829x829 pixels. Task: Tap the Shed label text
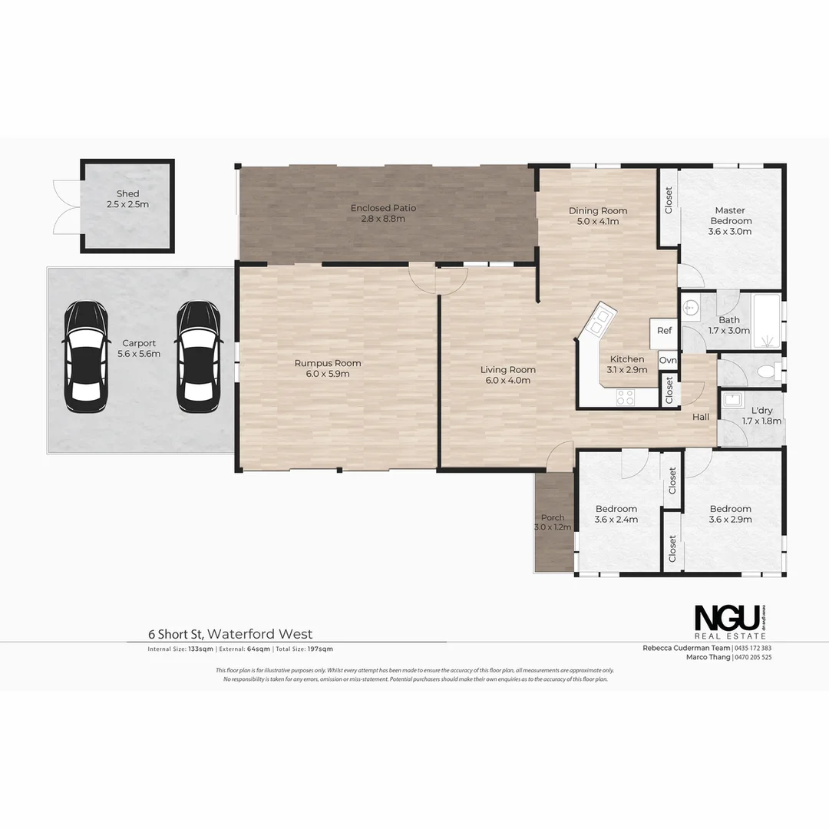pyautogui.click(x=128, y=193)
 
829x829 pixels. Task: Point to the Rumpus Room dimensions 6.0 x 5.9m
pyautogui.click(x=328, y=375)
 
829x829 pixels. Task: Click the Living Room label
pyautogui.click(x=508, y=370)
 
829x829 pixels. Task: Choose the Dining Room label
pyautogui.click(x=598, y=211)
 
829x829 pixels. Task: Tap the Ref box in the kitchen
pyautogui.click(x=664, y=331)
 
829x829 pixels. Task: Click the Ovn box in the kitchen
pyautogui.click(x=668, y=360)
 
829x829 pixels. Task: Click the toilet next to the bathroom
pyautogui.click(x=765, y=373)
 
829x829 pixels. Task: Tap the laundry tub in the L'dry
pyautogui.click(x=732, y=401)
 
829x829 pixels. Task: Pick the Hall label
pyautogui.click(x=701, y=417)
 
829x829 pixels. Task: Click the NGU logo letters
pyautogui.click(x=727, y=619)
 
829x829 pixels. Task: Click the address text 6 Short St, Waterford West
pyautogui.click(x=230, y=634)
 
